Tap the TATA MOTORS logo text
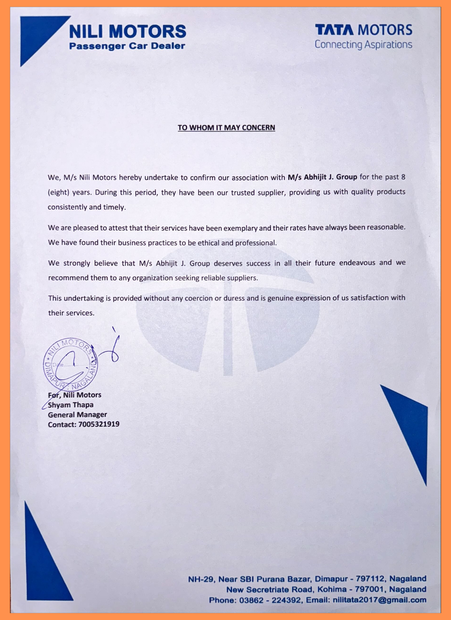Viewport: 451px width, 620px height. click(364, 30)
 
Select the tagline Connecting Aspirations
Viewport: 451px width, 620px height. click(363, 45)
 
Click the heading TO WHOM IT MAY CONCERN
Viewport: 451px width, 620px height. click(226, 128)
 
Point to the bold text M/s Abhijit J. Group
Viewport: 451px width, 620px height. click(322, 177)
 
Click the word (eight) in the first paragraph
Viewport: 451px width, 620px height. click(58, 192)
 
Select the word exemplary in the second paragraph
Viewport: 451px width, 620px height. click(240, 228)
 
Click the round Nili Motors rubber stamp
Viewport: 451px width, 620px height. click(70, 364)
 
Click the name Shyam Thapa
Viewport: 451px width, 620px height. click(71, 405)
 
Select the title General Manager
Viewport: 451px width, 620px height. click(77, 415)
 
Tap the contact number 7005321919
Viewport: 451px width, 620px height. click(99, 424)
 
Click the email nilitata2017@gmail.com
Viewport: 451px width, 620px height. click(379, 600)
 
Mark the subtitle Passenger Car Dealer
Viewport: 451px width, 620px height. click(127, 46)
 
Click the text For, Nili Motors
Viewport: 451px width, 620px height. click(75, 395)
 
